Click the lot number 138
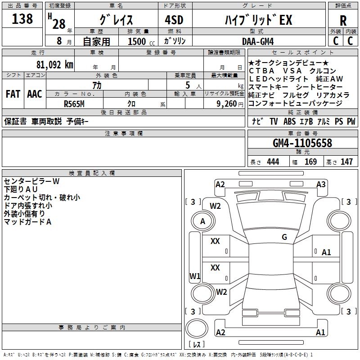(x=22, y=19)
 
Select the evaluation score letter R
(x=343, y=21)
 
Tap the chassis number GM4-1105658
(x=302, y=143)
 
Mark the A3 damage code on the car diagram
(x=321, y=184)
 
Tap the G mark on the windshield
(x=284, y=237)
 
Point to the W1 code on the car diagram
(x=195, y=276)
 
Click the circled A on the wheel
(x=203, y=221)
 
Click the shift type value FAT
(x=13, y=94)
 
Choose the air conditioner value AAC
(x=34, y=94)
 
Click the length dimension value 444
(x=273, y=162)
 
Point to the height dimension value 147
(x=346, y=162)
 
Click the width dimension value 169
(x=310, y=162)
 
